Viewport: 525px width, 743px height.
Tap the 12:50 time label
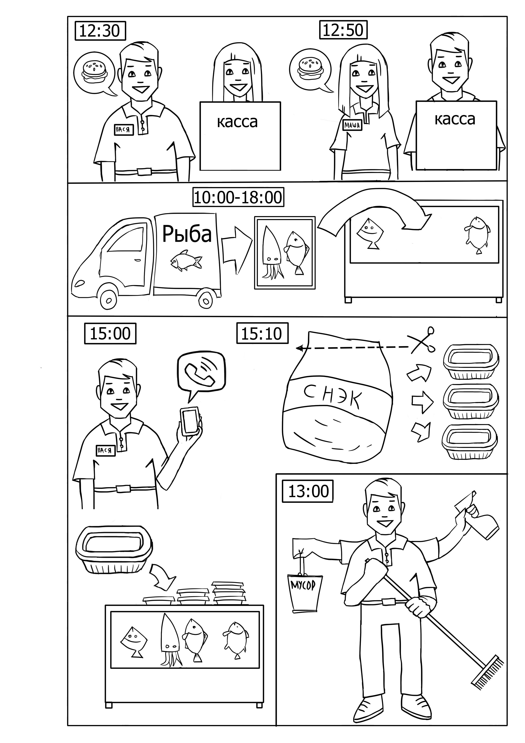pyautogui.click(x=343, y=30)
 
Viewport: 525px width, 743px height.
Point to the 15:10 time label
pyautogui.click(x=262, y=333)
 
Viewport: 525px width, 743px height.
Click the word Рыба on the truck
pyautogui.click(x=187, y=234)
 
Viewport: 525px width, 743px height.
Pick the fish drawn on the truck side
pyautogui.click(x=186, y=259)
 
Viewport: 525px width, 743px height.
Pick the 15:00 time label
pyautogui.click(x=110, y=333)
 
